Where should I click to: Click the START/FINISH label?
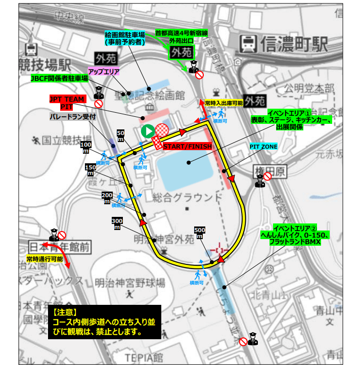(187, 146)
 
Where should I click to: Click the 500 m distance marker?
(200, 232)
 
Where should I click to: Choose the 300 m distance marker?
(117, 223)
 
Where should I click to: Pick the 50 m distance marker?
(120, 136)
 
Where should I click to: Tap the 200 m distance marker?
(107, 198)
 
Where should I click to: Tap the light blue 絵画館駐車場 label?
(125, 38)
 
